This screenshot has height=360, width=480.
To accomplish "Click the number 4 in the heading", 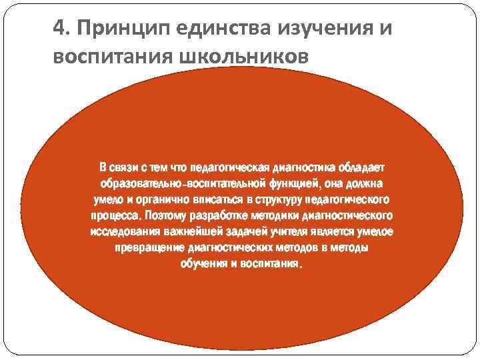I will tap(59, 30).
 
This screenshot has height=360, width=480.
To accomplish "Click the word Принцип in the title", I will tap(110, 31).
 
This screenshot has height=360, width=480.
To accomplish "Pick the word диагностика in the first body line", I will tap(303, 165).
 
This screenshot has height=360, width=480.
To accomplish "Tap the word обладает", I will tap(361, 165).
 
